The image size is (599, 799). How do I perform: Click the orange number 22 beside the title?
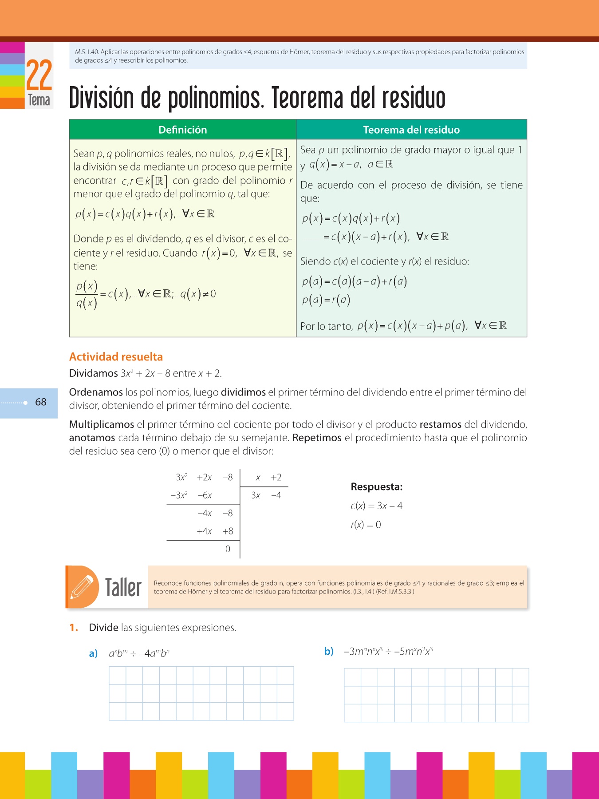coord(39,75)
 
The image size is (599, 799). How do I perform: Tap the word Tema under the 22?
coord(39,100)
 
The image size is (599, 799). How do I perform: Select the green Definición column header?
coord(183,130)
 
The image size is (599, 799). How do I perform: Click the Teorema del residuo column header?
coord(411,130)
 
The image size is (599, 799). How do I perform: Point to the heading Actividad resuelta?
coord(116,357)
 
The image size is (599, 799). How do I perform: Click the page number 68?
coord(41,402)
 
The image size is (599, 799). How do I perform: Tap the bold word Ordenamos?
coord(96,392)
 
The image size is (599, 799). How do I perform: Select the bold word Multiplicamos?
coord(102,425)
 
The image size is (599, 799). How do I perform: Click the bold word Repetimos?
coord(317,438)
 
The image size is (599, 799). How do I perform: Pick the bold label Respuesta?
coord(377,487)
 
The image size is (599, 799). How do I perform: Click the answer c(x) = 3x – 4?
coord(377,506)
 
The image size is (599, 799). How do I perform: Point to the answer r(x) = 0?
coord(366,525)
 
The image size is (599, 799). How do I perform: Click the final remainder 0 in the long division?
coord(228,550)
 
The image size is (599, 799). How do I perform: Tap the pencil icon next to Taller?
coord(83,586)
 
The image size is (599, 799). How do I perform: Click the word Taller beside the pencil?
coord(123,588)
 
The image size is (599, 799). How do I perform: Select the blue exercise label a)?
coord(93,654)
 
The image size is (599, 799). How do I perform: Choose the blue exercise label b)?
coord(329,652)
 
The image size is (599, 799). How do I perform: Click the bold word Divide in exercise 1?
coord(104,628)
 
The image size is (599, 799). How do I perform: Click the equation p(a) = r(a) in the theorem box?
coord(326,301)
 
